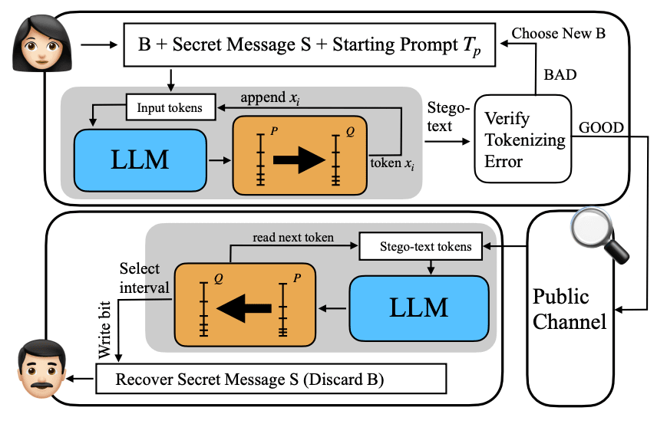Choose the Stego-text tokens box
[426, 247]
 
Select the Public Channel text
[569, 309]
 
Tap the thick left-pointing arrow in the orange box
[243, 307]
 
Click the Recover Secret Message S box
[271, 379]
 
